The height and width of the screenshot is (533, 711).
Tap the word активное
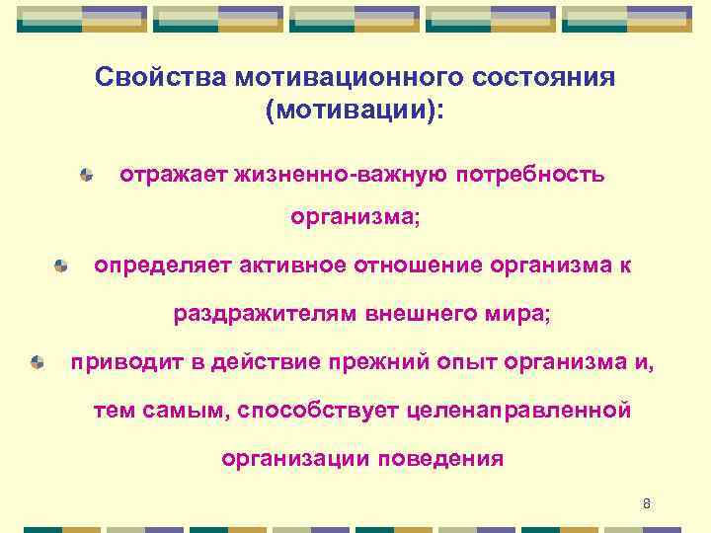(281, 266)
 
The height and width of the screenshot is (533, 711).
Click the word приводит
(124, 362)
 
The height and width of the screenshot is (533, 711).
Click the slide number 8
(647, 504)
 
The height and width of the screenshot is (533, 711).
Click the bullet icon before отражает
(88, 175)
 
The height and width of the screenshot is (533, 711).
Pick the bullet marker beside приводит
(37, 362)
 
